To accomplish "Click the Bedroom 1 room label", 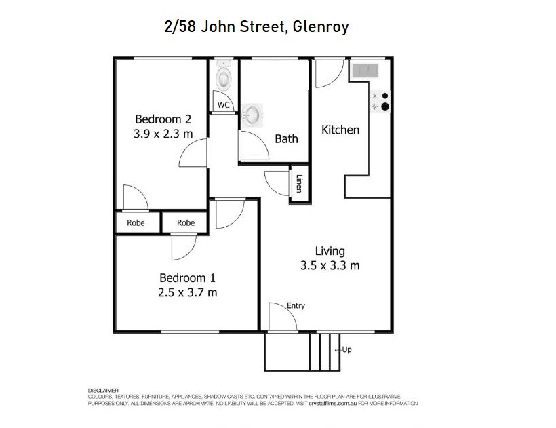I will pos(188,278).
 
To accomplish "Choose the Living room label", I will pos(330,251).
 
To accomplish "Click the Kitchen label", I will pos(340,130).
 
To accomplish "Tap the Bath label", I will pos(286,139).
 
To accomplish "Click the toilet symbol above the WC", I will pos(223,78).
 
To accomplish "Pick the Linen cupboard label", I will pos(299,183).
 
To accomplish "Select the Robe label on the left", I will pos(136,222).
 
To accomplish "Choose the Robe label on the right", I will pos(186,222).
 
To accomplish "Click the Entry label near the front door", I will pos(296,306).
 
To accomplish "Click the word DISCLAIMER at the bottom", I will pos(104,391).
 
